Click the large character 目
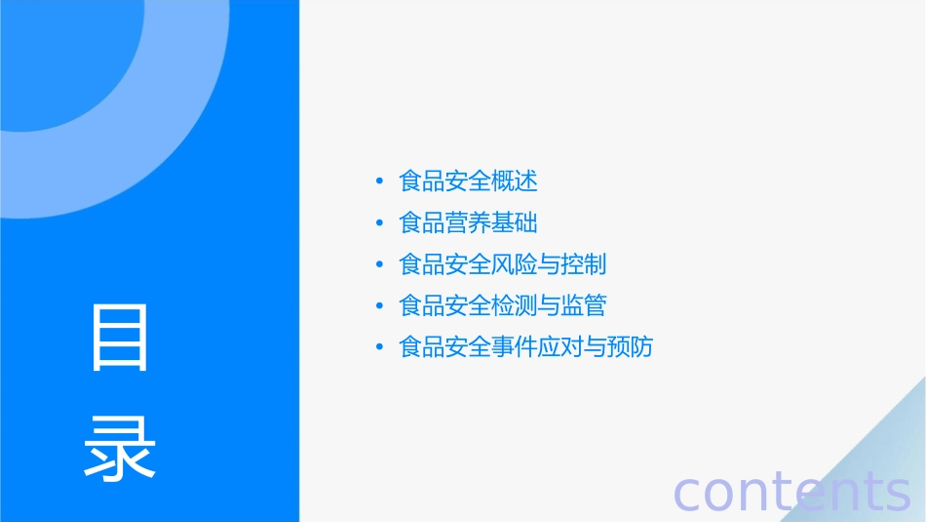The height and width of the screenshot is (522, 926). [x=120, y=338]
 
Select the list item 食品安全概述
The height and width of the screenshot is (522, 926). [x=468, y=181]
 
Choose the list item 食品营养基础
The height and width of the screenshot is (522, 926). [x=468, y=223]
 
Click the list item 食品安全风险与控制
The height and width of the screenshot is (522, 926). [x=503, y=264]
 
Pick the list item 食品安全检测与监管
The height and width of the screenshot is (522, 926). [x=503, y=306]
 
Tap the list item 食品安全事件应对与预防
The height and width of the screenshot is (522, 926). [x=525, y=347]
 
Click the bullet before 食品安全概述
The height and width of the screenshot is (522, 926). [x=379, y=182]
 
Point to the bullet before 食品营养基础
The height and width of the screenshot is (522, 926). [x=379, y=223]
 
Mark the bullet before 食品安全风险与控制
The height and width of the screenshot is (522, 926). [x=379, y=265]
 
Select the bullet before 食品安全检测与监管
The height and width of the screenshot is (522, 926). [x=379, y=306]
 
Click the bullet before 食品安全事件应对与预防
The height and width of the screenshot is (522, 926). [x=379, y=348]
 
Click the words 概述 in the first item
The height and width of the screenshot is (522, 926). [x=515, y=181]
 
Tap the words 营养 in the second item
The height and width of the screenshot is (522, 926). [x=468, y=223]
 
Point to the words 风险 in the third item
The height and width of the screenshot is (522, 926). [x=515, y=264]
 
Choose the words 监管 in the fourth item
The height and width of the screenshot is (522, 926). [x=584, y=306]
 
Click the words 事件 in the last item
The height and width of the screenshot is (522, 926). [x=515, y=347]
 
